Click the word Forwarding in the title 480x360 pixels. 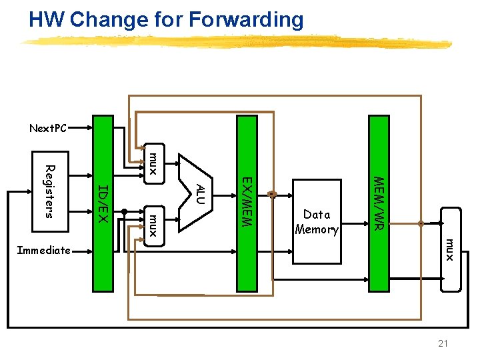point(246,20)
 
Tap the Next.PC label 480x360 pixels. point(48,128)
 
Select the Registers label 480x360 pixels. point(48,191)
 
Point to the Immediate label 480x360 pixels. point(43,251)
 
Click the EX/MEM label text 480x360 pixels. point(246,201)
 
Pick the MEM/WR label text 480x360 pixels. point(378,203)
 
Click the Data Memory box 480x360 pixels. point(317,222)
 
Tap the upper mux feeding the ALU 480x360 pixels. point(153,163)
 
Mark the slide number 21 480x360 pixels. point(443,343)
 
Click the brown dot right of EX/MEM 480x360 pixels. point(271,195)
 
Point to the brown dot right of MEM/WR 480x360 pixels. point(421,224)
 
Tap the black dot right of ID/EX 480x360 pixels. point(124,211)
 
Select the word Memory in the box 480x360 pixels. point(317,229)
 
